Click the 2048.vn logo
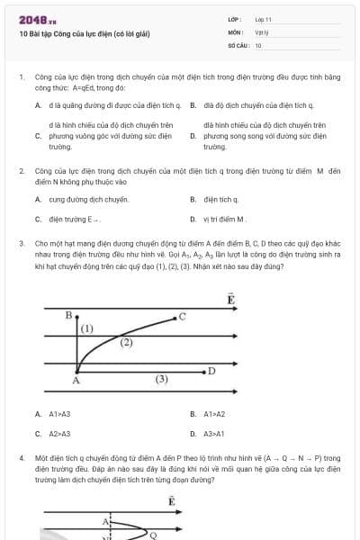coord(38,19)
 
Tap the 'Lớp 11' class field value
coord(264,19)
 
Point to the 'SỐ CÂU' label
coord(238,44)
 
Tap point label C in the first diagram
coord(182,316)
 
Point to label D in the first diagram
coord(211,370)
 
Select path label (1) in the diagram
coord(87,329)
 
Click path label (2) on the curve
coord(126,343)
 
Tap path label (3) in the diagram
coord(161,380)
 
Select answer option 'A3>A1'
coord(213,434)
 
